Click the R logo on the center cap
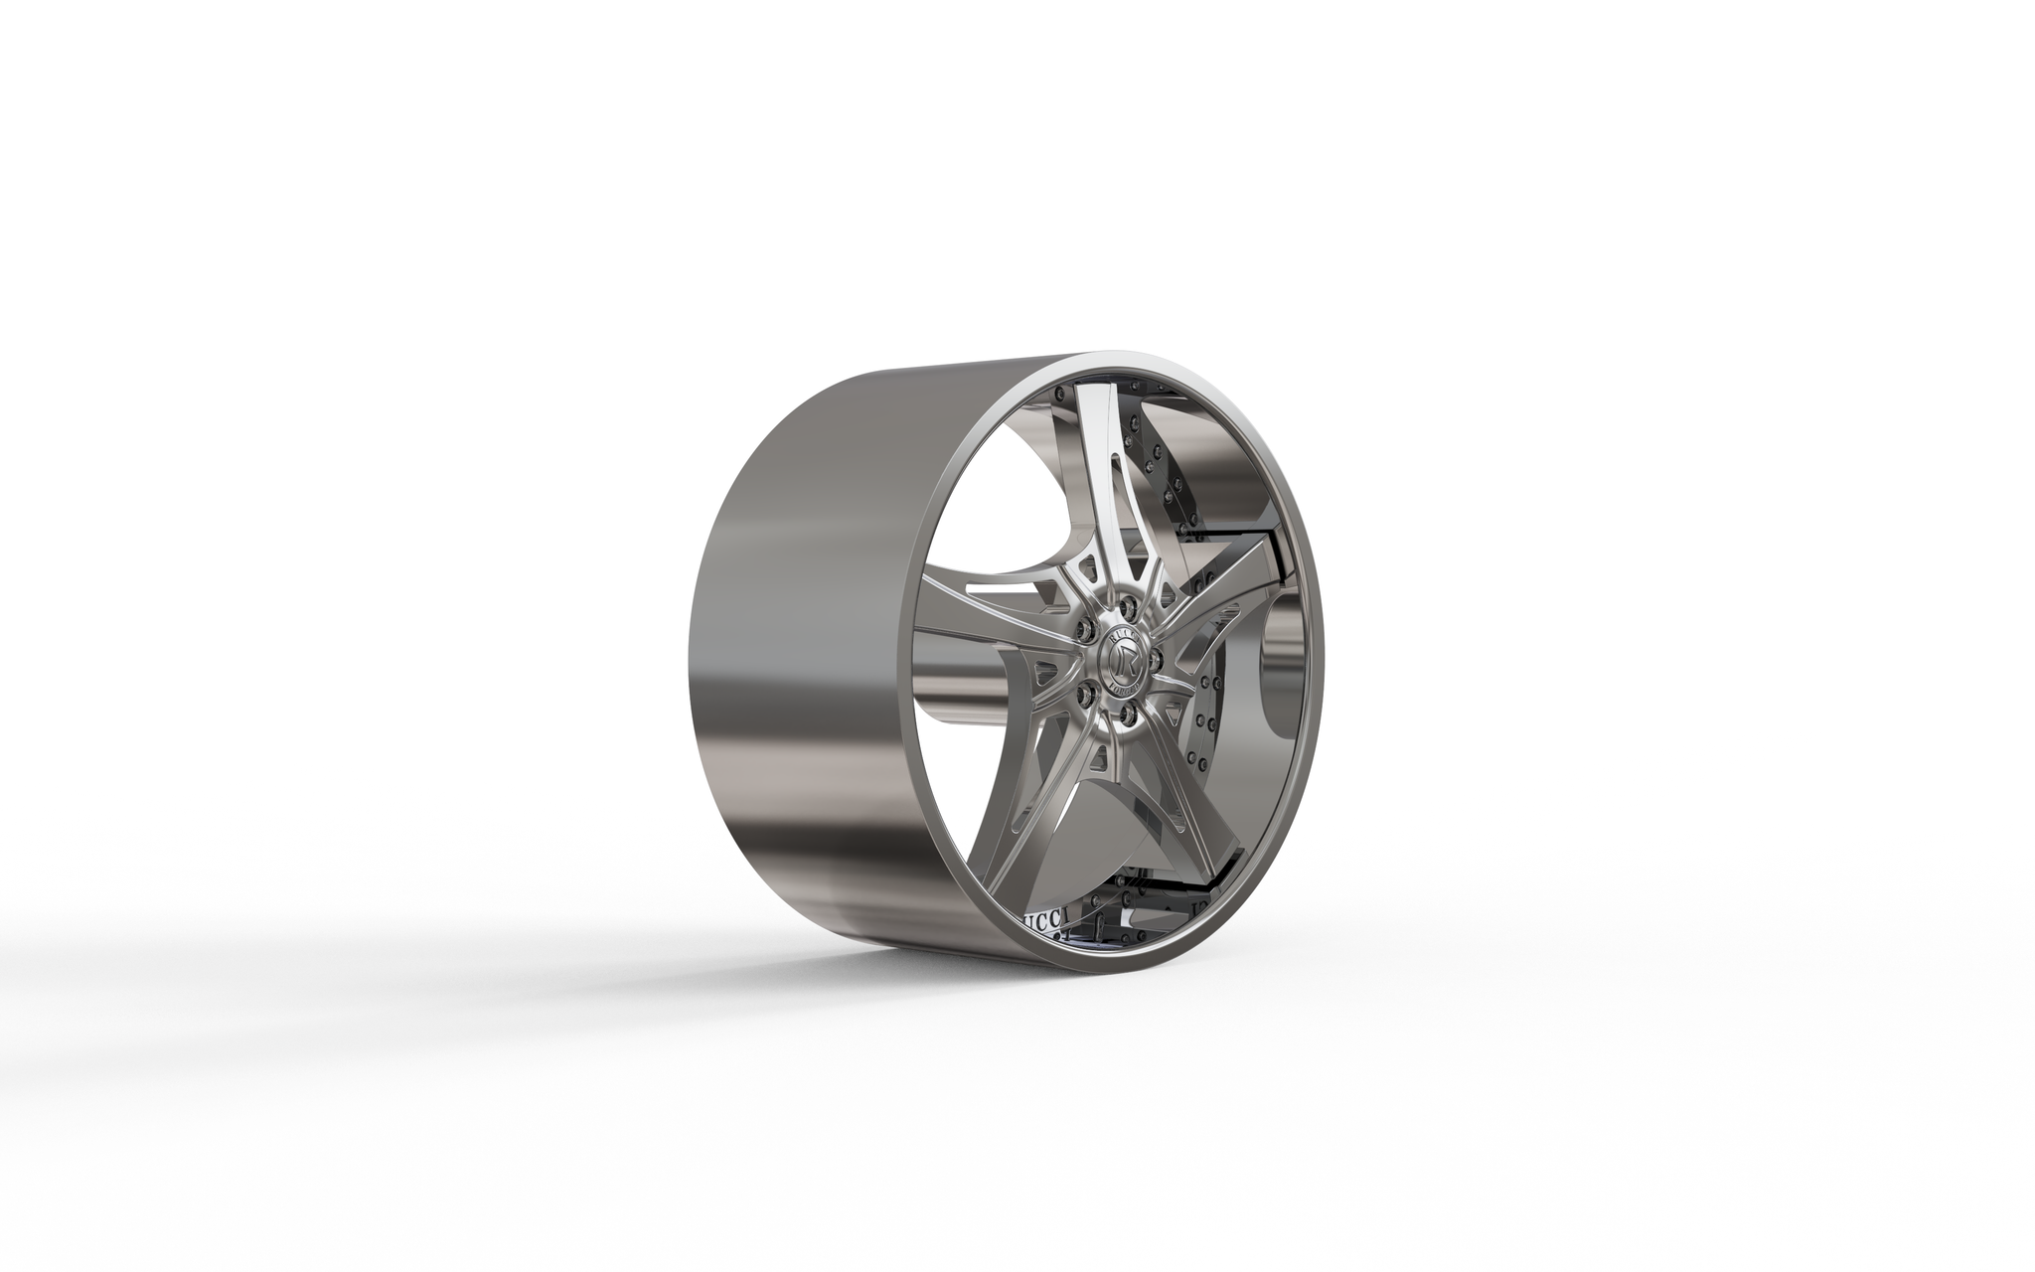[1126, 662]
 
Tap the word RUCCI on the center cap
[1123, 639]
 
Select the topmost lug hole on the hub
[1128, 609]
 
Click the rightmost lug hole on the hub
[1156, 660]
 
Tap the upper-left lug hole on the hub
[1086, 630]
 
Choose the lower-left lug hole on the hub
[1086, 695]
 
